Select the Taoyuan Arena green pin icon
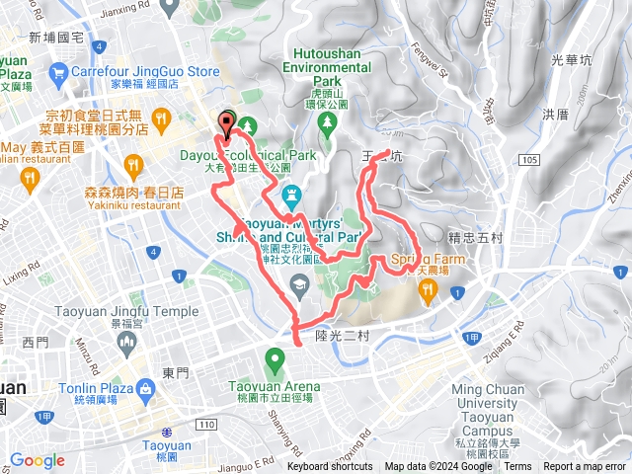[275, 360]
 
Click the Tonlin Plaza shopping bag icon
[145, 389]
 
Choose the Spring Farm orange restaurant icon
[428, 288]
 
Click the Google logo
[37, 460]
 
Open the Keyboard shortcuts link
[330, 466]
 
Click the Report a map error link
[585, 466]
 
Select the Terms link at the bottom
[517, 466]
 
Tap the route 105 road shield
[532, 159]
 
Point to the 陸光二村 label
[341, 336]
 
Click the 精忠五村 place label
[475, 237]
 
